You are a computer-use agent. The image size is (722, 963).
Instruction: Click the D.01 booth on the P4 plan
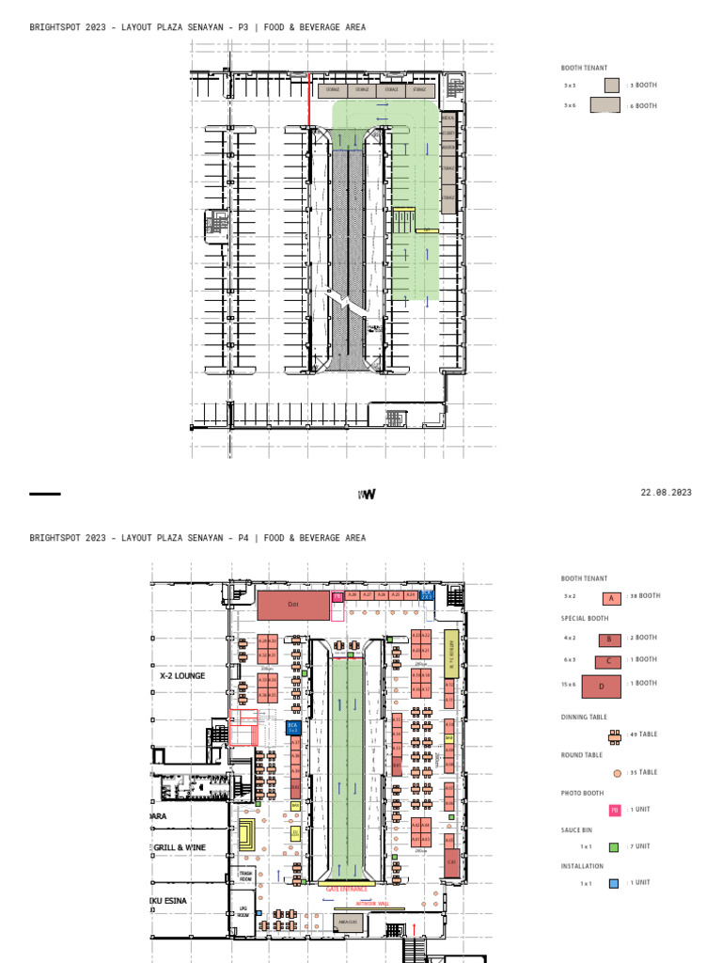click(x=292, y=605)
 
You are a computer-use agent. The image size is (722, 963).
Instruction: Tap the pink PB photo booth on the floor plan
click(x=337, y=595)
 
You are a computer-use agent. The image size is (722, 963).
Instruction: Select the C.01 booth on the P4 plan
click(x=451, y=860)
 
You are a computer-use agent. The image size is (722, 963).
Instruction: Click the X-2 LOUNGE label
click(x=182, y=675)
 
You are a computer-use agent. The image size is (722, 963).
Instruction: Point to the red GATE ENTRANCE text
click(x=347, y=888)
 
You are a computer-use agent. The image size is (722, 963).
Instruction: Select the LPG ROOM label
click(x=243, y=910)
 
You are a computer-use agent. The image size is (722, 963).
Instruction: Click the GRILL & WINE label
click(x=180, y=847)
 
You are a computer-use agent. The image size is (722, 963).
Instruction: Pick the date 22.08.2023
click(x=666, y=493)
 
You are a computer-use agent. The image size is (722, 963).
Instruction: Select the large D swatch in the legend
click(x=602, y=687)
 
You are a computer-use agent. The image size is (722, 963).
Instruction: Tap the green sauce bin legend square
click(x=614, y=847)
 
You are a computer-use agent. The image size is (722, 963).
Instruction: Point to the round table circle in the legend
click(x=617, y=773)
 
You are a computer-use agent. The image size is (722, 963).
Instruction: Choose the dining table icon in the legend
click(x=615, y=735)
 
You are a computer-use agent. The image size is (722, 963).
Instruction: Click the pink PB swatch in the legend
click(x=614, y=810)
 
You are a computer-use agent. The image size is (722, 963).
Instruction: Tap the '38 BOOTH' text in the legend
click(x=644, y=596)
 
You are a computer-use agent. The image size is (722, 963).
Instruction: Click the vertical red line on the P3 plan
click(x=310, y=99)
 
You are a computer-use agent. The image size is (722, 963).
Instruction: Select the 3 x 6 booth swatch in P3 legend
click(x=605, y=105)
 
